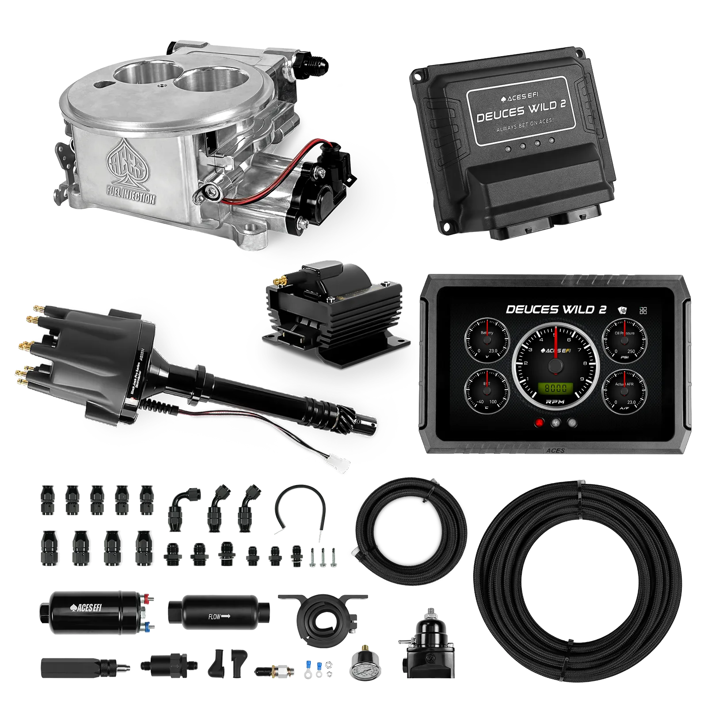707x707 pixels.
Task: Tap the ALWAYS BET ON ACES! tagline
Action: (525, 128)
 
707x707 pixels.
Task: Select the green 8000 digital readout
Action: (555, 388)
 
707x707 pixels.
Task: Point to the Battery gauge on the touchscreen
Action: (487, 340)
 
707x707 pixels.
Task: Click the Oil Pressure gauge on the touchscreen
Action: (624, 340)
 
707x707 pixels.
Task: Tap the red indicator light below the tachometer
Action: (539, 423)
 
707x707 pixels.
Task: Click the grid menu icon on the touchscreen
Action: (643, 310)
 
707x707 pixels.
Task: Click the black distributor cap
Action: (84, 349)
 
